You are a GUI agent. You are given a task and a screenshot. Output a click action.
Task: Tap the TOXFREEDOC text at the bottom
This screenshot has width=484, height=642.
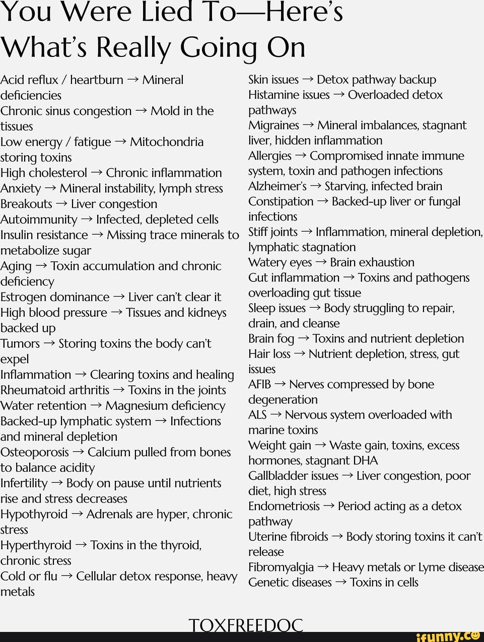246,625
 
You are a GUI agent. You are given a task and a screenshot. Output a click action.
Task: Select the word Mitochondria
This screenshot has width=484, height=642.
167,142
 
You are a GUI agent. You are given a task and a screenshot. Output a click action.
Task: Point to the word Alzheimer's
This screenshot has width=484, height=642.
277,186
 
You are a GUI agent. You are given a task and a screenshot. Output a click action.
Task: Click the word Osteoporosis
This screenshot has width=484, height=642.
35,452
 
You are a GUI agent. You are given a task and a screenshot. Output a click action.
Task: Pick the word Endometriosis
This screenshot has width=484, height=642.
284,507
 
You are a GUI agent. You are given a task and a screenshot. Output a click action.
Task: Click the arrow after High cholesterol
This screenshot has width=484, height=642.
97,173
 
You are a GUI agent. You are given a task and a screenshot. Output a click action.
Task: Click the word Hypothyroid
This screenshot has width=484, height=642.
34,514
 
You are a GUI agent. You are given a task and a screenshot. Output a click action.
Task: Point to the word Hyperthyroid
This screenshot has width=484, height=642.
36,545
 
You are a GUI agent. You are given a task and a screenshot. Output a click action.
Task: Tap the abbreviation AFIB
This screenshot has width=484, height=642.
260,385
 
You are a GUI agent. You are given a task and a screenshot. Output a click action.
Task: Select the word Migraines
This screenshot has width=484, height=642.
273,125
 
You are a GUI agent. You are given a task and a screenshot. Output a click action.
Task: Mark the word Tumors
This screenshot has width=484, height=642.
20,344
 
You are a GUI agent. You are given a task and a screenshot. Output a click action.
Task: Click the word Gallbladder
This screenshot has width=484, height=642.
293,476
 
